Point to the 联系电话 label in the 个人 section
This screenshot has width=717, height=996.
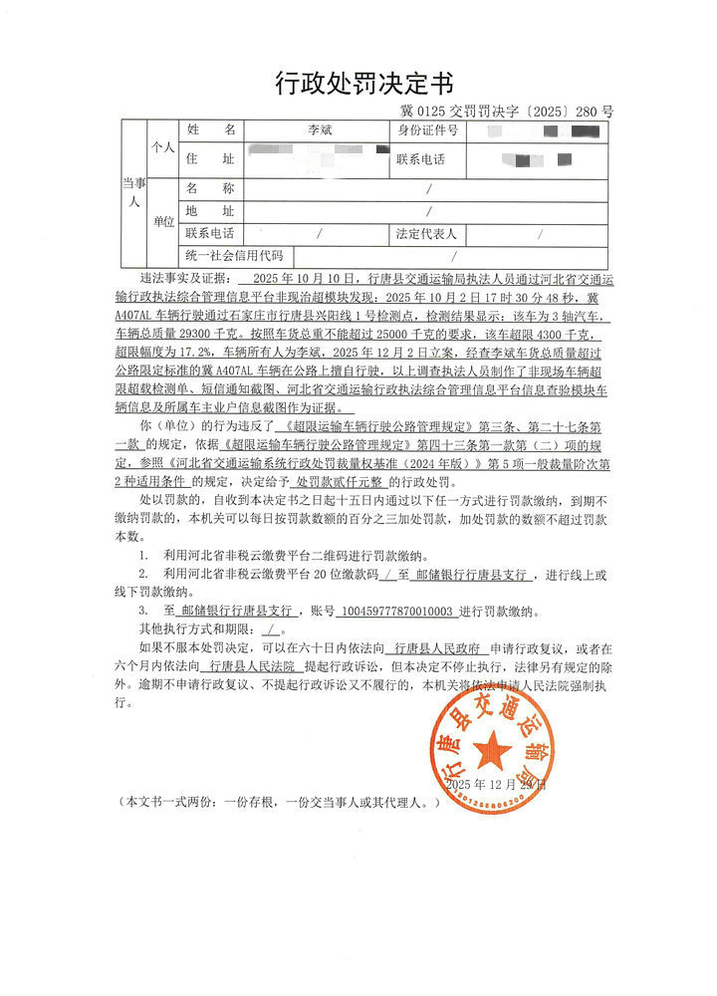[x=420, y=159]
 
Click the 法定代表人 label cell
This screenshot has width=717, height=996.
[x=426, y=235]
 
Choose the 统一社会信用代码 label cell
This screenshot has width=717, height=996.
[x=234, y=257]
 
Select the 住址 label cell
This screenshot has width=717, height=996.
[x=210, y=159]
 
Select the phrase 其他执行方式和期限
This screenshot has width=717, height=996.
[x=195, y=628]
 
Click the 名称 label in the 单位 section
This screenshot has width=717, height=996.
[x=210, y=187]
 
